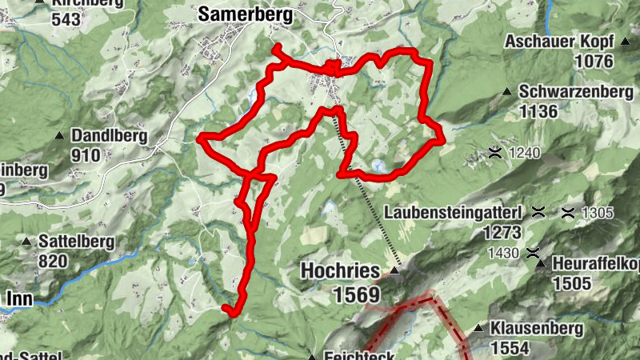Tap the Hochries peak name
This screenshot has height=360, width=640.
(340, 271)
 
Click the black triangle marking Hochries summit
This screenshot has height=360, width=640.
(395, 273)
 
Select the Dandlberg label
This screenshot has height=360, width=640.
(109, 135)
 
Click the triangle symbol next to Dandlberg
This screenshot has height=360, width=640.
(60, 136)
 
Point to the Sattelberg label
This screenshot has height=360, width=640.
(77, 241)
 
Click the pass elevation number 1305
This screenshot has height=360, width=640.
(597, 213)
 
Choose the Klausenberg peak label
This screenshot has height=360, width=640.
(537, 328)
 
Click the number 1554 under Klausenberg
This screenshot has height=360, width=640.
(510, 348)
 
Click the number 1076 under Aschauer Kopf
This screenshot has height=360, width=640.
(593, 62)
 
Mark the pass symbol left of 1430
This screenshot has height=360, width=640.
(533, 254)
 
